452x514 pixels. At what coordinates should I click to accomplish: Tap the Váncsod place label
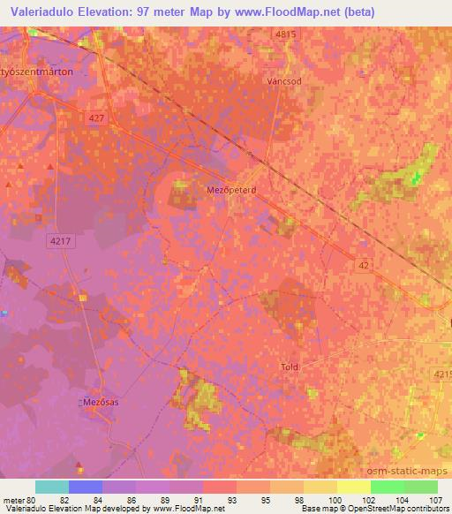(285, 79)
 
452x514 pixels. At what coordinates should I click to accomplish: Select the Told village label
(290, 366)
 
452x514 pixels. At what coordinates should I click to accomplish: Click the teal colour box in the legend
(52, 487)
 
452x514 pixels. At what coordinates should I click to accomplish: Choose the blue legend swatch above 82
(86, 487)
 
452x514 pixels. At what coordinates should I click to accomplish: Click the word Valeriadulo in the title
(46, 12)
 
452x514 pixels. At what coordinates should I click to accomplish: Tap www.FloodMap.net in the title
(292, 12)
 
